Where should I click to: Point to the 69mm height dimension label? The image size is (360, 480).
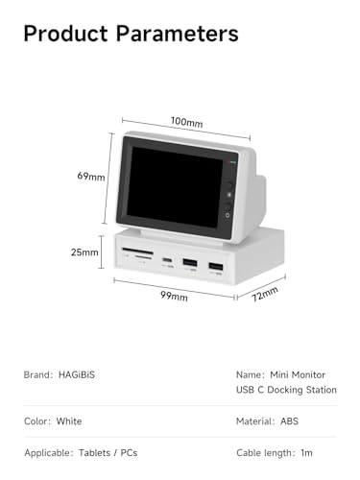tap(92, 177)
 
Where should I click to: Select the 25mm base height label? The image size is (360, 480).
tap(85, 252)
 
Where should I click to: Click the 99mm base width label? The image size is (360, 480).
tap(174, 296)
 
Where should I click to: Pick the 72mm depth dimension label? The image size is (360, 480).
tap(264, 292)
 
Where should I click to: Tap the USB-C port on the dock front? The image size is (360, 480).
tap(167, 260)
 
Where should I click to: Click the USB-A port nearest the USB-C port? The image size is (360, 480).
tap(190, 262)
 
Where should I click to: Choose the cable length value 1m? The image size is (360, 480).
tap(305, 452)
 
